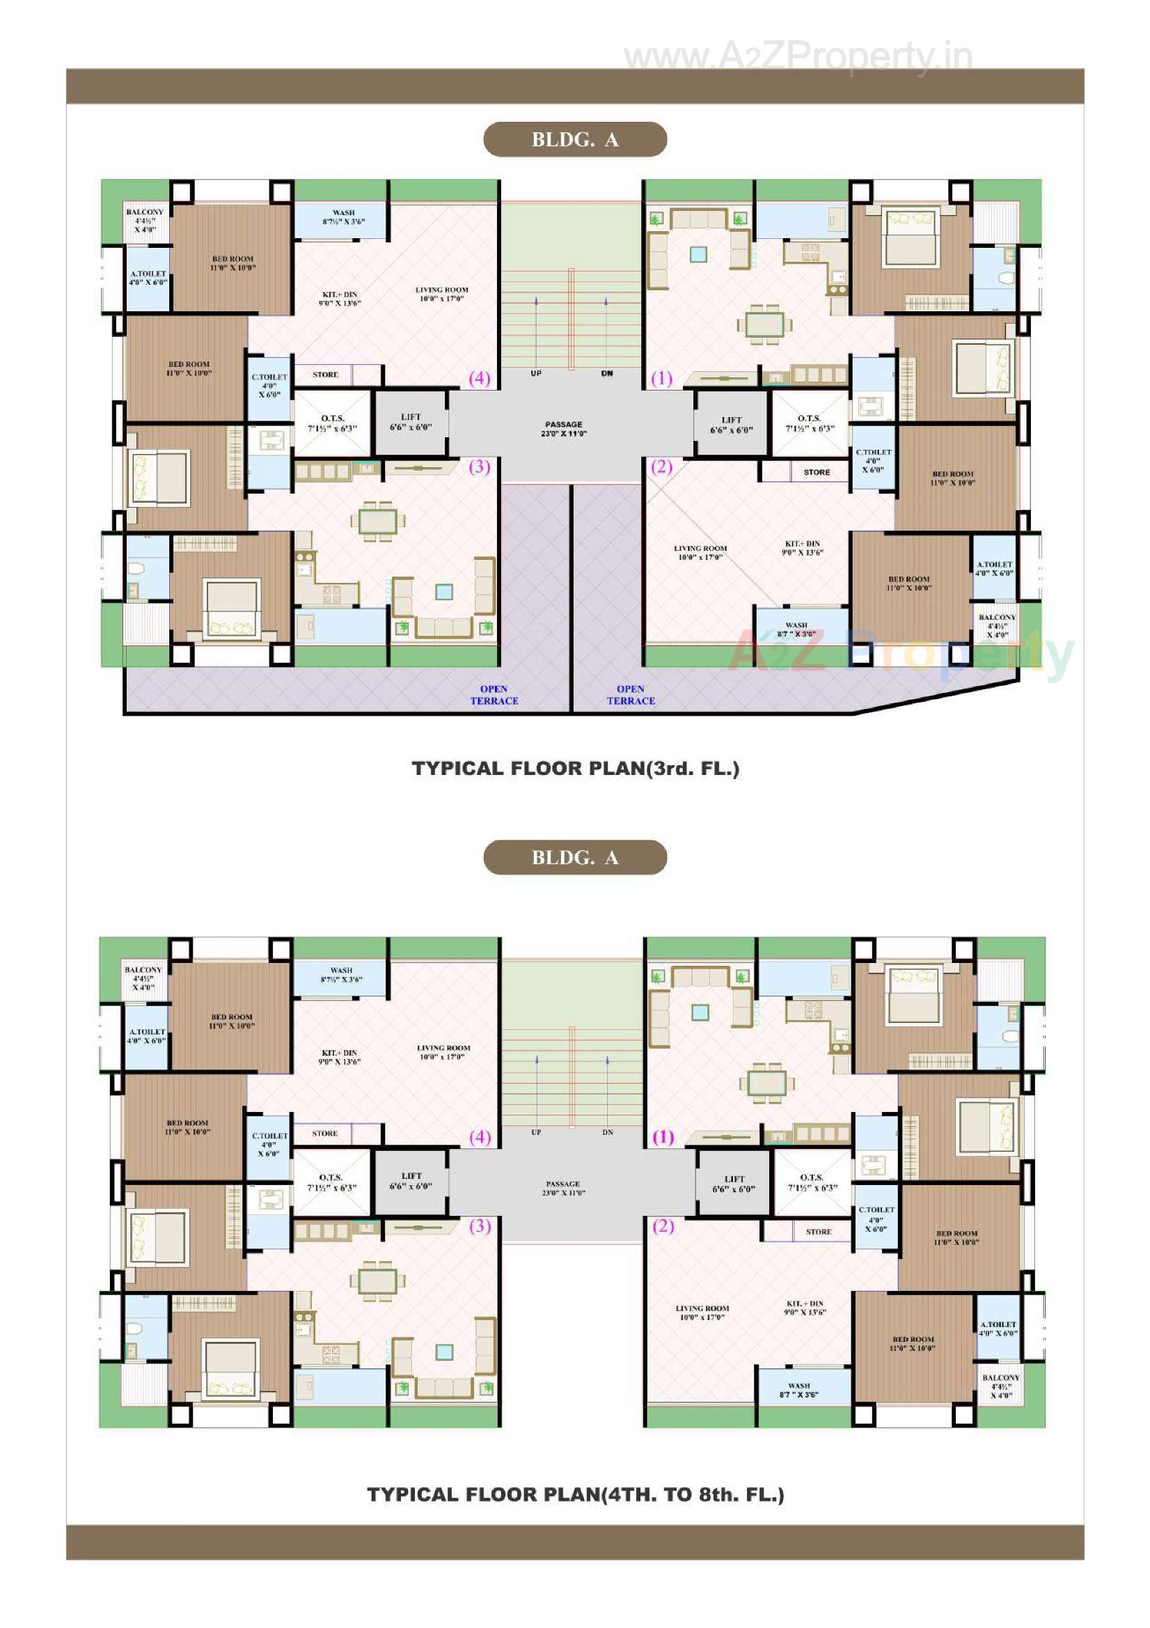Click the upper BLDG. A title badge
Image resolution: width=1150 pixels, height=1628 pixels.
pos(574,140)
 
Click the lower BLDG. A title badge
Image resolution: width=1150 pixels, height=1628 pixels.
pos(574,857)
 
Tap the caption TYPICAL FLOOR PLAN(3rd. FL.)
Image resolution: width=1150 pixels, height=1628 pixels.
pos(575,769)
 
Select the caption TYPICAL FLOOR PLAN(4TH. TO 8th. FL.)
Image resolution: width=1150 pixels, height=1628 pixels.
pos(575,1495)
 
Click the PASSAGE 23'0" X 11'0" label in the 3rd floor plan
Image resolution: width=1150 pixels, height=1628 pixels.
pos(564,429)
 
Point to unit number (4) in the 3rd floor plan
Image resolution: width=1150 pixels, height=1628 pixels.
pos(480,378)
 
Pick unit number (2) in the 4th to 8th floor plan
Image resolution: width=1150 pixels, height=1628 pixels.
pos(663,1226)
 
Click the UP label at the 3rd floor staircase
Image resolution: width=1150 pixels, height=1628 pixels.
pos(536,374)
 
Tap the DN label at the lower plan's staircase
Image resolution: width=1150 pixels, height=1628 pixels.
pos(608,1132)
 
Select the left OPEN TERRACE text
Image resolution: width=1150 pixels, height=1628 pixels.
pos(494,695)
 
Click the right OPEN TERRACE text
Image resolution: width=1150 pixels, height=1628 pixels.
pos(630,695)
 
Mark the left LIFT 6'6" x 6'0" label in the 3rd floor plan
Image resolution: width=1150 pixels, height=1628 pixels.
pos(411,422)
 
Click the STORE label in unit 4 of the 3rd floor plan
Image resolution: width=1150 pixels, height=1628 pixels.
pos(325,375)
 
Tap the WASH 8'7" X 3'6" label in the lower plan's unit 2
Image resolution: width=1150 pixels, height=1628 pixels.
pos(798,1390)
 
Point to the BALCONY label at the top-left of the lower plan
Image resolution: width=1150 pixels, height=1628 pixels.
pos(143,978)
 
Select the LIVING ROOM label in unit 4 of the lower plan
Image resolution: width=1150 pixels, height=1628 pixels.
pos(443,1052)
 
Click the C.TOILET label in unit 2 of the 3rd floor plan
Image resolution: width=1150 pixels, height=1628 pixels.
pos(873,460)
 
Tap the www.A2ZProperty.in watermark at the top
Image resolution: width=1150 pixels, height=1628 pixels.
pos(798,56)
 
